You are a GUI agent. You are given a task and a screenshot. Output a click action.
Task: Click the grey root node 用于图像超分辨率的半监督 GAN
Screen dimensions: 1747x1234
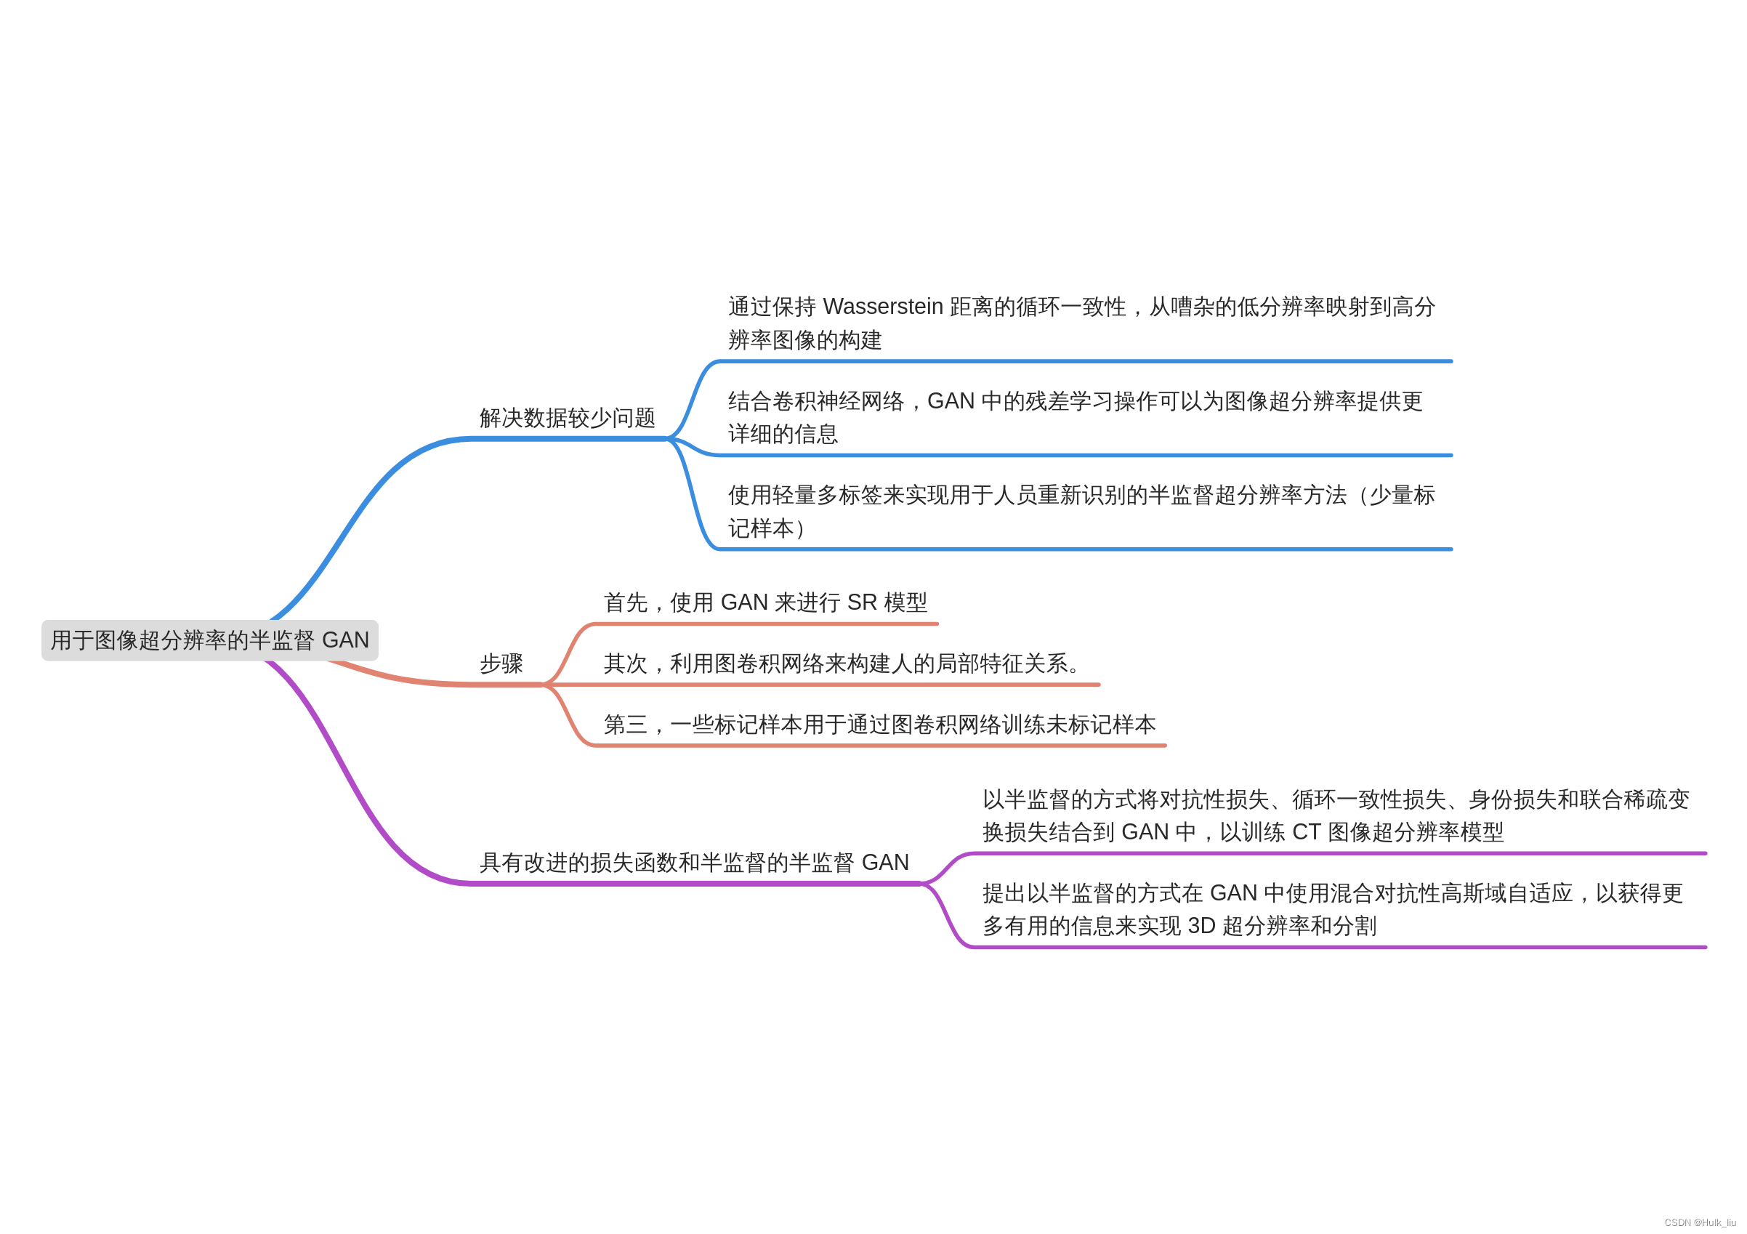(209, 640)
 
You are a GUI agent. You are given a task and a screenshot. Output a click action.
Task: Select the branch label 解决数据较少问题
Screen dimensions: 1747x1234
(567, 418)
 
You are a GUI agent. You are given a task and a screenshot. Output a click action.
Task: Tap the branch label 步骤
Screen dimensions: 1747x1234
(501, 664)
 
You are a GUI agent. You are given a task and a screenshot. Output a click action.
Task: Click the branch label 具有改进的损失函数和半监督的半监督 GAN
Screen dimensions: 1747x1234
(694, 862)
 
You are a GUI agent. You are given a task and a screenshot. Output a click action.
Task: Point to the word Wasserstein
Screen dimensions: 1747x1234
(883, 307)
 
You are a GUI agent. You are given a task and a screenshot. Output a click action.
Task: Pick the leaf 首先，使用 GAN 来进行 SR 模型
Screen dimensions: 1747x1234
(764, 602)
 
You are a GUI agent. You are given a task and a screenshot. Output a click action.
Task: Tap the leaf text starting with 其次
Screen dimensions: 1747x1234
(842, 664)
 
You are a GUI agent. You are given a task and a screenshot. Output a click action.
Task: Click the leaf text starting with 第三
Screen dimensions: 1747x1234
(879, 725)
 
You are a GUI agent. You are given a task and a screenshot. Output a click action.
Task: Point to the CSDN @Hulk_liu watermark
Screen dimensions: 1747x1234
(1700, 1222)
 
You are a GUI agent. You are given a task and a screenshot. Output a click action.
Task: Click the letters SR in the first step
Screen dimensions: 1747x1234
(862, 602)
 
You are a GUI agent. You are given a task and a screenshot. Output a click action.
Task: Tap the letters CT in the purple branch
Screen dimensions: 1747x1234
(1306, 832)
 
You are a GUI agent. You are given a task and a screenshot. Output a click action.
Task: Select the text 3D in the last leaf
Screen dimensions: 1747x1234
(1201, 926)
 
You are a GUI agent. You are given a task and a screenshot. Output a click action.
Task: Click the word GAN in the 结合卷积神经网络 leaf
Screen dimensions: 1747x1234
(951, 401)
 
